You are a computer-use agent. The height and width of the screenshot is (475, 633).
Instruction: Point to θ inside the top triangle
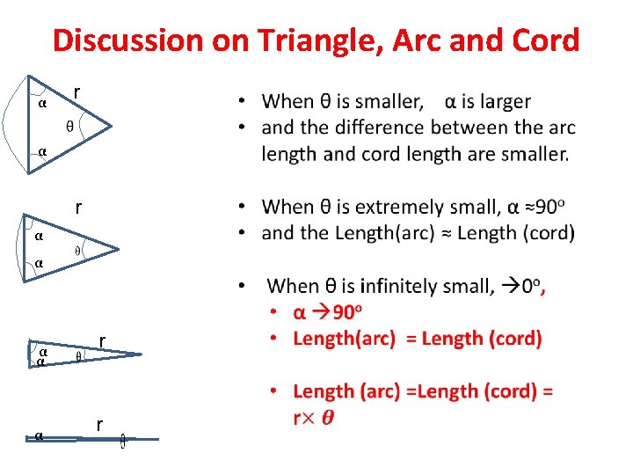click(x=70, y=127)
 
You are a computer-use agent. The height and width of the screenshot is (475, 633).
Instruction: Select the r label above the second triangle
click(x=78, y=208)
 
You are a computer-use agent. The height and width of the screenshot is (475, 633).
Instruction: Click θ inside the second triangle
click(x=77, y=251)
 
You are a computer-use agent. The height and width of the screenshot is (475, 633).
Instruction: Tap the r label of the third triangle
click(x=103, y=340)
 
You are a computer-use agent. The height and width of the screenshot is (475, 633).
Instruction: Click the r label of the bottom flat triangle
click(x=100, y=426)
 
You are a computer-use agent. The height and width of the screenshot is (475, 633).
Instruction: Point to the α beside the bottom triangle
click(x=39, y=435)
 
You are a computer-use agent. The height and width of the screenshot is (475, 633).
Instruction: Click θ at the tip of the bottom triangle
click(x=123, y=441)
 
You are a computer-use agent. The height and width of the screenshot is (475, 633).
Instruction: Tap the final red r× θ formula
click(x=314, y=417)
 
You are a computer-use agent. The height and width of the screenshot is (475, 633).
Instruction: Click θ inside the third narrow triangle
click(x=78, y=357)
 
